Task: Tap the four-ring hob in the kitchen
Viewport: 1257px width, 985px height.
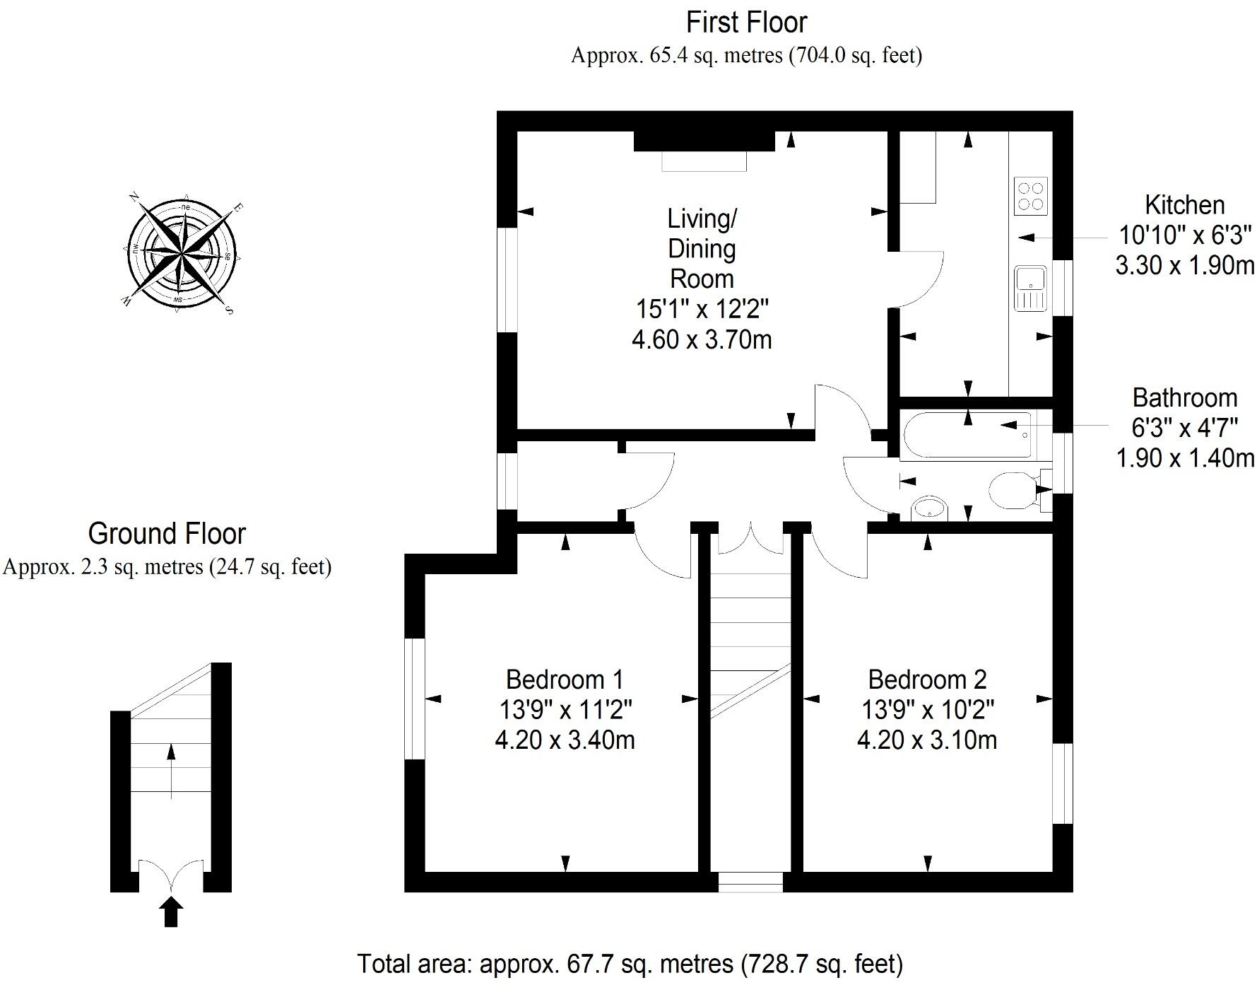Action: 1030,196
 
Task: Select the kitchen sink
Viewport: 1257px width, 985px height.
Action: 1030,288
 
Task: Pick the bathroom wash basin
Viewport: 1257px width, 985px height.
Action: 929,508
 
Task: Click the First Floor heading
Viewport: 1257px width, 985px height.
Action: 746,23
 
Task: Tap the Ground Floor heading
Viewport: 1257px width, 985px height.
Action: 167,534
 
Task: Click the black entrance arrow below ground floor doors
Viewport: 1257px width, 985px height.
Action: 171,912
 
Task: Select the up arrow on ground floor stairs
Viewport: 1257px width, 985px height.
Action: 171,771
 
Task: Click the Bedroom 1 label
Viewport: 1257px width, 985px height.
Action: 565,680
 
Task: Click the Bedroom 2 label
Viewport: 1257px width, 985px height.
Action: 927,680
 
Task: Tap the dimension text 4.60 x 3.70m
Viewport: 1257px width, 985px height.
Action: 702,340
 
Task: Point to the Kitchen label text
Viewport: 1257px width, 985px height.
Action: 1184,205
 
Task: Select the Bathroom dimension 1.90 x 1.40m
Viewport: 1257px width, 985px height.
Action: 1184,458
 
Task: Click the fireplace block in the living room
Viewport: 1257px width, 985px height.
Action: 704,141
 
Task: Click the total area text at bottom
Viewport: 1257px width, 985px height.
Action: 630,964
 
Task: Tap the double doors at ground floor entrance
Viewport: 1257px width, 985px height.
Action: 171,875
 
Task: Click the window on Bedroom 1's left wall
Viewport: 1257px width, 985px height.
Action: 414,699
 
